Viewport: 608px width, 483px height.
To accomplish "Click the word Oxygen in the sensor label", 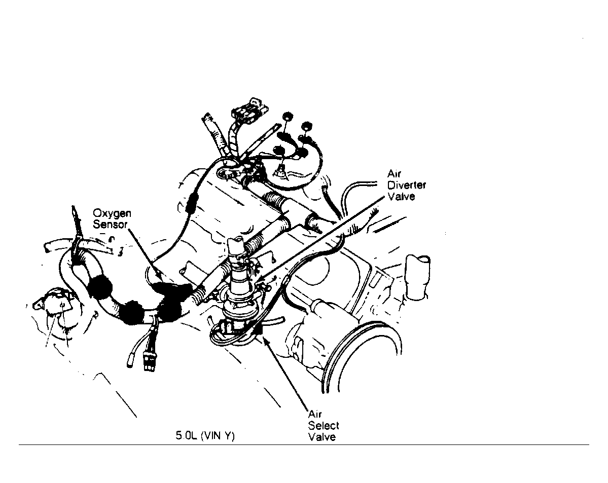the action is click(112, 214).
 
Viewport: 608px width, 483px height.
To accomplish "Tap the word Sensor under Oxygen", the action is click(110, 225).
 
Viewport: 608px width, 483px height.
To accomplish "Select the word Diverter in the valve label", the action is click(406, 185).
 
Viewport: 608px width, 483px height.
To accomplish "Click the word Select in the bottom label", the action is click(324, 425).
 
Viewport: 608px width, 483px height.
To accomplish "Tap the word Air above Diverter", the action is click(394, 174).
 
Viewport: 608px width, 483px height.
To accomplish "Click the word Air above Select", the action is click(314, 414).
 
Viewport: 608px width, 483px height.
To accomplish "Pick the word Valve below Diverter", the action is click(401, 196).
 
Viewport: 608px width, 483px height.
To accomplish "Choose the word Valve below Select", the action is click(322, 437).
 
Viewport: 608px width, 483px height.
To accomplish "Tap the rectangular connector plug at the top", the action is click(249, 107).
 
